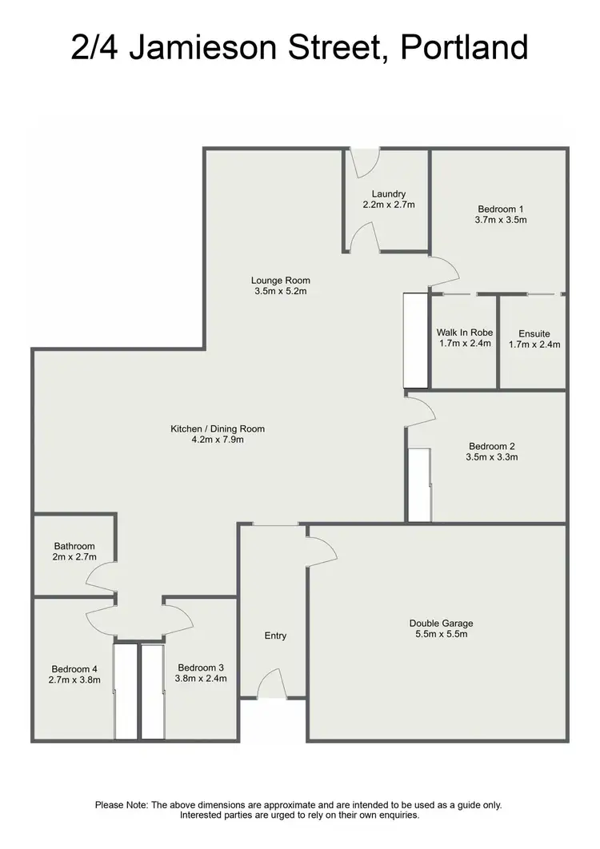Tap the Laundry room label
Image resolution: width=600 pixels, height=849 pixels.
389,193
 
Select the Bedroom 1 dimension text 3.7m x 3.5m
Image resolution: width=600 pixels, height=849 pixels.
502,219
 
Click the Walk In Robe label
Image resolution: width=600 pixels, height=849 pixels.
464,333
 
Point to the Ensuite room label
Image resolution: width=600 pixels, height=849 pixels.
534,333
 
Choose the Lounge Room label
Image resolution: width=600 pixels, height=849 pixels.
280,281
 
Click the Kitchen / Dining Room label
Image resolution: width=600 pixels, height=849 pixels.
218,429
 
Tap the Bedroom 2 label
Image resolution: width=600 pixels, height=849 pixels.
493,446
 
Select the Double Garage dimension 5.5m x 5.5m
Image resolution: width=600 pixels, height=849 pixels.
438,635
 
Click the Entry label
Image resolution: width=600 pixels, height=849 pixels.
275,636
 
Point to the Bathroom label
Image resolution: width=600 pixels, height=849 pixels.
74,546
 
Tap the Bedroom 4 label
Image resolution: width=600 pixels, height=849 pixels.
75,669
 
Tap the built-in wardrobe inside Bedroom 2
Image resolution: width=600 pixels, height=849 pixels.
419,485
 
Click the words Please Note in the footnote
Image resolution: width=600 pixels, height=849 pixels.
121,805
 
